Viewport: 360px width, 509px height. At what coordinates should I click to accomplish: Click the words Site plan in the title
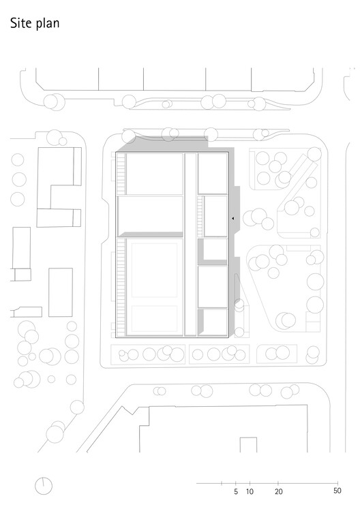(x=34, y=25)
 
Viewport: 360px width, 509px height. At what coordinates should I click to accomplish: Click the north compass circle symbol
(x=44, y=486)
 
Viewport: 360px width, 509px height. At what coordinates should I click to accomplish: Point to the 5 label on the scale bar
(x=235, y=491)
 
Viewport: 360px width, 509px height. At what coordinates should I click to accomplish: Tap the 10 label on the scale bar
(x=250, y=491)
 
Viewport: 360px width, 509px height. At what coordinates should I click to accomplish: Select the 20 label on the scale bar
(x=278, y=491)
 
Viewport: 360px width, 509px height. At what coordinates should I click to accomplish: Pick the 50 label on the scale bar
(x=337, y=491)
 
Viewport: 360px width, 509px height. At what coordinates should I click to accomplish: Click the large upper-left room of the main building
(x=155, y=174)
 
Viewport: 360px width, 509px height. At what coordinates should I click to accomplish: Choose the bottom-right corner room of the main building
(x=213, y=322)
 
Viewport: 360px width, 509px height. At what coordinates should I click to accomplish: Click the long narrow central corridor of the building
(x=191, y=245)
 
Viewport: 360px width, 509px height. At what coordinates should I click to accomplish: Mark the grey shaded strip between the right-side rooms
(x=211, y=262)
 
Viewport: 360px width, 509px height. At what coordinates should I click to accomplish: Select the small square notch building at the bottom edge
(x=247, y=445)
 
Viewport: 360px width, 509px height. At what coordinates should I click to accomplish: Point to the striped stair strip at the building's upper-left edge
(x=121, y=173)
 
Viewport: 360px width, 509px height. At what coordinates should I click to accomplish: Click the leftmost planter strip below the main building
(x=148, y=354)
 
